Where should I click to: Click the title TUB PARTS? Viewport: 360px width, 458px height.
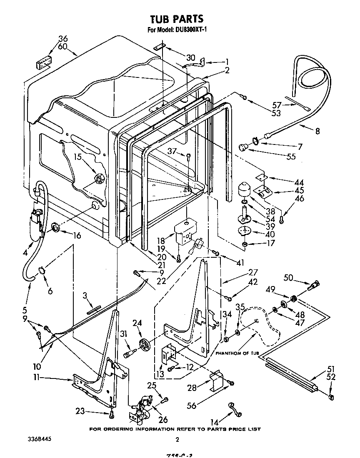176,19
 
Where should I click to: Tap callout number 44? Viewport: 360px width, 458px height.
299,182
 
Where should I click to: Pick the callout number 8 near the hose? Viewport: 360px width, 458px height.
317,131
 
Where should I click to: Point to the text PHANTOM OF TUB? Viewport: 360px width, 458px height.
237,353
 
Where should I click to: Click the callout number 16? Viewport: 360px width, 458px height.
77,235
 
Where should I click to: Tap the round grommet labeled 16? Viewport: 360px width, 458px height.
55,227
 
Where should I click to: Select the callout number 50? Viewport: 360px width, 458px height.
288,278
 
